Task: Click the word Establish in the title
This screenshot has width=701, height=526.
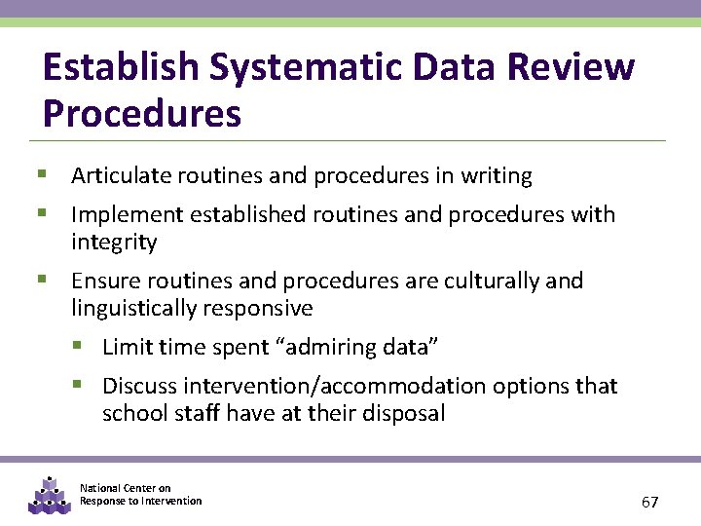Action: coord(120,68)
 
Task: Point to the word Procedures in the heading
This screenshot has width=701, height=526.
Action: coord(142,114)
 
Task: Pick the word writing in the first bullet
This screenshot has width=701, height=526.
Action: coord(497,176)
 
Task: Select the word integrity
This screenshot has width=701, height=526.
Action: coord(114,241)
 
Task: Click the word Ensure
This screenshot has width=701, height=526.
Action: coord(102,282)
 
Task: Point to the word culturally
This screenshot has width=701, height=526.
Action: coord(491,282)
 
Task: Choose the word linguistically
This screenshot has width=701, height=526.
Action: coord(137,309)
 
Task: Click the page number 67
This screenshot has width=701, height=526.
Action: coord(650,503)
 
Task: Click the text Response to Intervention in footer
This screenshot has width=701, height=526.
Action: coord(141,501)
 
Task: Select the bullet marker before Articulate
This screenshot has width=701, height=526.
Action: coord(43,175)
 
